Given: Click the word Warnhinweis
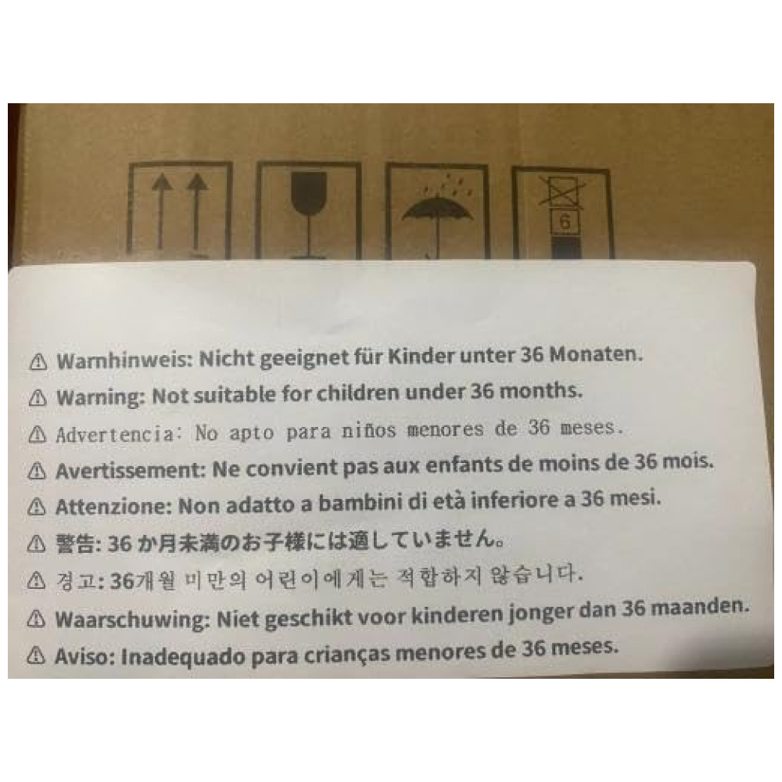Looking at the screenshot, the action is pos(124,360).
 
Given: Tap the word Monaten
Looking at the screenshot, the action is pos(596,354).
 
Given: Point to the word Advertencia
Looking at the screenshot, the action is pos(115,434).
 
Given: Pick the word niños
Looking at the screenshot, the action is pos(368,430).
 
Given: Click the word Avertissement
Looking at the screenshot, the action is pos(130,470).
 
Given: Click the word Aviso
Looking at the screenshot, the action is pos(84,656).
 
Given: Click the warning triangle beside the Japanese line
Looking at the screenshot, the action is pos(37,543).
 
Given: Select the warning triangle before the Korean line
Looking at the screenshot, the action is pos(37,580).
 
